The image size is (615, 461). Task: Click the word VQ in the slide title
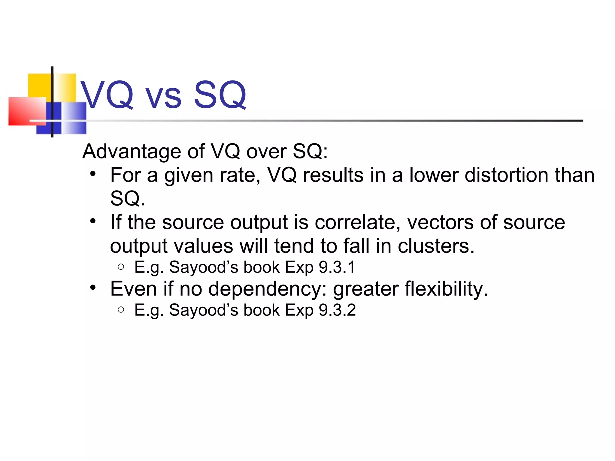pos(107,95)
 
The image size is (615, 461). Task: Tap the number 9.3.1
pos(337,267)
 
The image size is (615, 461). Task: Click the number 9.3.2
pos(337,310)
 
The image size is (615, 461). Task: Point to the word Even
pos(133,289)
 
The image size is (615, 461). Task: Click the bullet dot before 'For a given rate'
pos(93,174)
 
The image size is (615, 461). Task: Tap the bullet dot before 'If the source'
pos(93,221)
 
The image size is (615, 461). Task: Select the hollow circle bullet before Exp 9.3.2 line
pos(121,309)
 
